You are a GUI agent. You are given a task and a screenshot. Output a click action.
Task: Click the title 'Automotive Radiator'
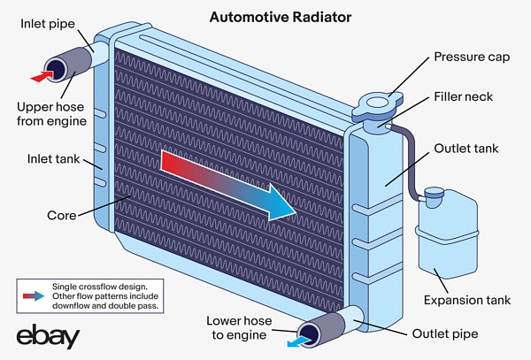(265, 17)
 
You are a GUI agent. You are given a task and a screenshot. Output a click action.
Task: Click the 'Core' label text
(61, 215)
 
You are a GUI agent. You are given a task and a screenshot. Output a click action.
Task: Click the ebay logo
(48, 336)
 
